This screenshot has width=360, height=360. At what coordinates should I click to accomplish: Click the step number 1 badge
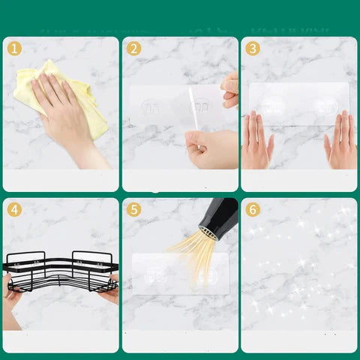coord(14,49)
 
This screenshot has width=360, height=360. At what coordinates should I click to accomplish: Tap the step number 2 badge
coord(134,49)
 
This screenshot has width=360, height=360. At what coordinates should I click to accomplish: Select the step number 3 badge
coord(253,49)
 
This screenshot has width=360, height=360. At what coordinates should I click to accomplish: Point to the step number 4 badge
coord(14,210)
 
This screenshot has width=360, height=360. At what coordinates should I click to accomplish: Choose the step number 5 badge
coord(134,210)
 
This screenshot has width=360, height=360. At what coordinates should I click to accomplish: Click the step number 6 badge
coord(253,210)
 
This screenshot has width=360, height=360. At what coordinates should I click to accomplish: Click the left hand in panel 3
coord(257,141)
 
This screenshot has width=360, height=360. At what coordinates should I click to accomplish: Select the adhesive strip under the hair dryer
coord(180,271)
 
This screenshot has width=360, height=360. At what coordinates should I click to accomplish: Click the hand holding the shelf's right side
coord(109,289)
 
